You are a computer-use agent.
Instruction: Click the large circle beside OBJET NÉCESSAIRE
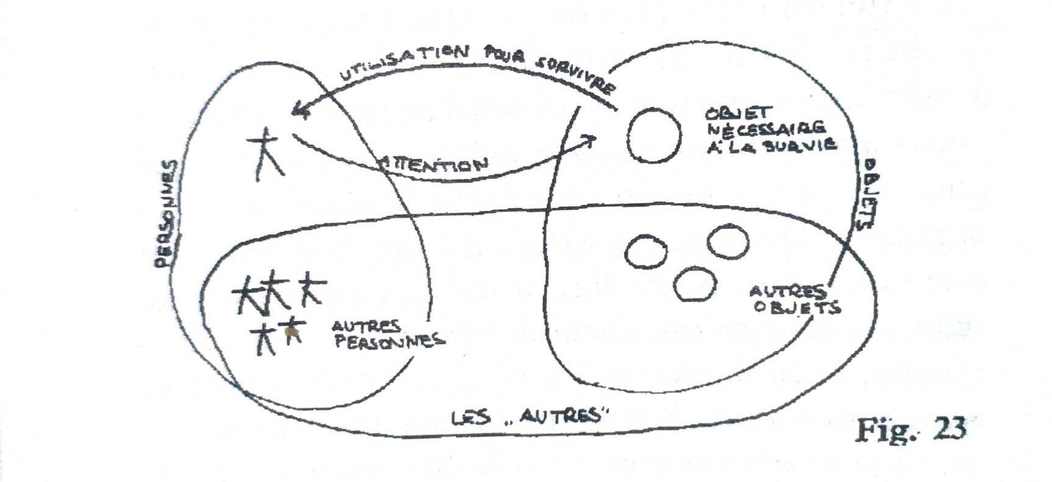654,135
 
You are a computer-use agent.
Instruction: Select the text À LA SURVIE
771,145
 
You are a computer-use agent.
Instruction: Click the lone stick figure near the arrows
265,154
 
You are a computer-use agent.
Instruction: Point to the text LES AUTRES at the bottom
531,417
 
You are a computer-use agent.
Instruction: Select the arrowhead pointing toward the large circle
590,141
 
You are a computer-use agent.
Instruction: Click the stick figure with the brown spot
293,333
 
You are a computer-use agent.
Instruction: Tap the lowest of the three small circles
695,284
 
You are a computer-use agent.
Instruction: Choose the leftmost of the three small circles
646,252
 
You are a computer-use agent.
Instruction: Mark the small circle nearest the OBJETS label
728,241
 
